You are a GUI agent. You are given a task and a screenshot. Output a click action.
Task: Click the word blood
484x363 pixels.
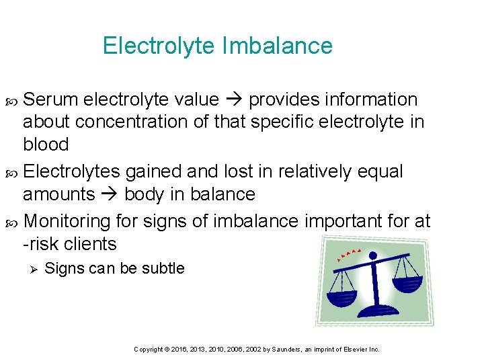pyautogui.click(x=46, y=145)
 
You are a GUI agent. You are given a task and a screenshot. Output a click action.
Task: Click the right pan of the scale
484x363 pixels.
pyautogui.click(x=407, y=280)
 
